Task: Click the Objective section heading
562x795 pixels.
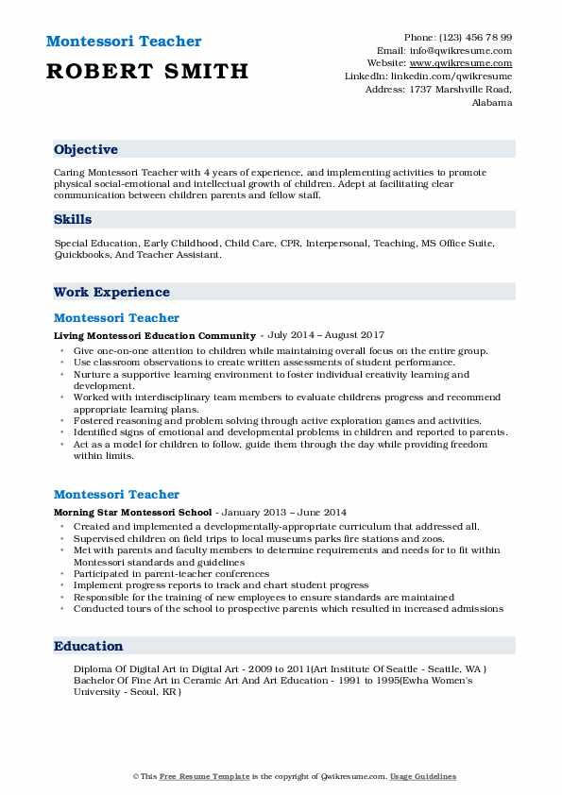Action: pos(86,150)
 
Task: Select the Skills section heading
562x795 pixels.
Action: pos(73,219)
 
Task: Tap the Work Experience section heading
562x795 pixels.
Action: pos(111,293)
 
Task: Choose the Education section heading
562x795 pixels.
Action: pos(89,647)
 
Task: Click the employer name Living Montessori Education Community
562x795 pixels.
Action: pos(155,335)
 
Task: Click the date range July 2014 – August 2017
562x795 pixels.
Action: pos(327,335)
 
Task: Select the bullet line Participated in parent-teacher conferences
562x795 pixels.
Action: pos(171,573)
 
